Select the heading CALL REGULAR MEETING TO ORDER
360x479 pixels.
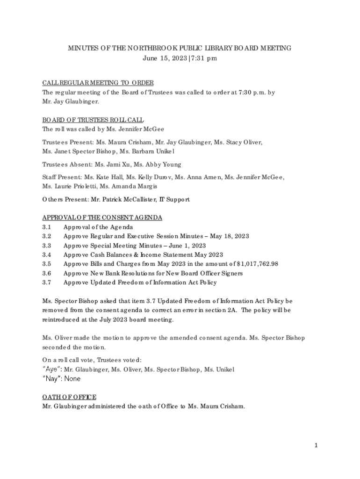click(x=98, y=83)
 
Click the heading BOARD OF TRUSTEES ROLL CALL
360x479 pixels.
click(x=93, y=120)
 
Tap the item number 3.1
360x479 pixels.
click(x=46, y=227)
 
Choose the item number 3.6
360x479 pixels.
click(x=46, y=273)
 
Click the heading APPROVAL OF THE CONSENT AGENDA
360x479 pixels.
click(x=102, y=218)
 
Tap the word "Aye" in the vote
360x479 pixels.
click(x=50, y=370)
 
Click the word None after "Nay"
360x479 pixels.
click(x=72, y=378)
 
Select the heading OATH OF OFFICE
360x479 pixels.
click(x=69, y=397)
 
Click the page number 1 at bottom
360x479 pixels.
click(x=316, y=446)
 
